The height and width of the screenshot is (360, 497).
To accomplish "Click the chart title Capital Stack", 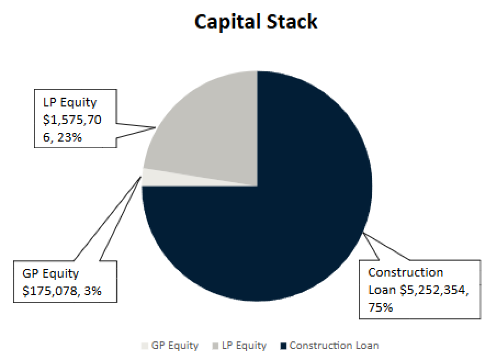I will click(256, 21).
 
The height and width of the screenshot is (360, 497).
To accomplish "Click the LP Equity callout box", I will click(75, 119).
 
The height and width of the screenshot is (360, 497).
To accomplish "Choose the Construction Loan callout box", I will click(420, 289).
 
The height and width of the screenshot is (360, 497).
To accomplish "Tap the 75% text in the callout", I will click(381, 307).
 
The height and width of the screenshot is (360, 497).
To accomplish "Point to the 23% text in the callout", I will click(69, 137).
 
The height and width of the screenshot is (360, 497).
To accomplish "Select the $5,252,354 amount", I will click(433, 290).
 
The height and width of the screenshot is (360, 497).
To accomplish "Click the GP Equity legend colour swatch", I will click(145, 346).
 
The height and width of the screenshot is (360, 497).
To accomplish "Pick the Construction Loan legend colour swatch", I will click(283, 346).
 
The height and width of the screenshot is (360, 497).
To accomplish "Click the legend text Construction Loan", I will click(334, 346).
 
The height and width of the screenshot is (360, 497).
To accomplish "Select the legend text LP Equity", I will click(244, 346).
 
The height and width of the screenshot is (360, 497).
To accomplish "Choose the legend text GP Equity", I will click(175, 346).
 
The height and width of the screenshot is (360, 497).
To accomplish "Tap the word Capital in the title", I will click(227, 21).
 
